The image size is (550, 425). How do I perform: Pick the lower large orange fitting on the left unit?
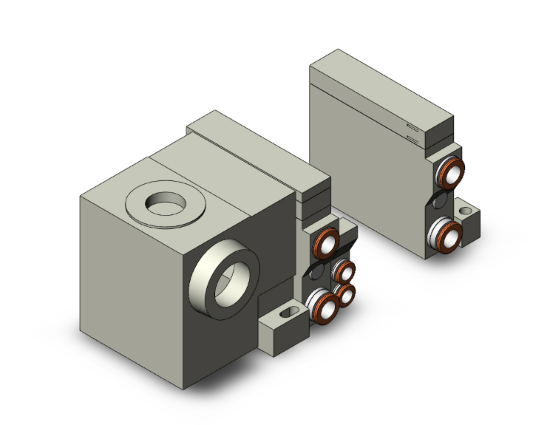pos(322,305)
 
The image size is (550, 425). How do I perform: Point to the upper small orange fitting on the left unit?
pos(344,271)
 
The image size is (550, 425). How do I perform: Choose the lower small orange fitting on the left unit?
pos(345,296)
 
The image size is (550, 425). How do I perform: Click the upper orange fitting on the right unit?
pos(449,174)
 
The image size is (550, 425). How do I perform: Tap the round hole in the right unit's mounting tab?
pos(466,211)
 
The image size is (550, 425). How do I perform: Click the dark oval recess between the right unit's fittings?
pos(439,203)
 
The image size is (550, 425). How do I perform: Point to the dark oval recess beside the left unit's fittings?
pos(317,273)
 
